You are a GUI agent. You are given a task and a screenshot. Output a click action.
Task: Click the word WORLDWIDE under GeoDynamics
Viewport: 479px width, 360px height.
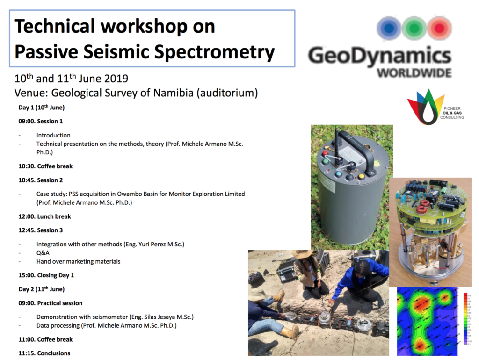[x=414, y=73]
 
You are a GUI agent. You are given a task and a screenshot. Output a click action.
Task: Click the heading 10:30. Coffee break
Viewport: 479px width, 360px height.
[x=45, y=166]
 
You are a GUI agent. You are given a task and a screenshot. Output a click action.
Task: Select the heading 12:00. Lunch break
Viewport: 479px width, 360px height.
[x=44, y=216]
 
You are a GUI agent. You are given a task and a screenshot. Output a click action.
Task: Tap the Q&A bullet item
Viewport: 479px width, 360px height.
[x=43, y=253]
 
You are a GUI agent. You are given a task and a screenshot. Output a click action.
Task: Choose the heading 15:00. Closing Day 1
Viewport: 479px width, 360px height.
[x=46, y=275]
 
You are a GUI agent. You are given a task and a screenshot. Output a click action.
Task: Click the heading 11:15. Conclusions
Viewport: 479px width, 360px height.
[x=44, y=353]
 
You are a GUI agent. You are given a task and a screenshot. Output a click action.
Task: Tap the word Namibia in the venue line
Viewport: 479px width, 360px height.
[x=173, y=93]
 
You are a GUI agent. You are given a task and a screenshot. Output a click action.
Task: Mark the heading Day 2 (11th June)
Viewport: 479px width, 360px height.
[x=42, y=289]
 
